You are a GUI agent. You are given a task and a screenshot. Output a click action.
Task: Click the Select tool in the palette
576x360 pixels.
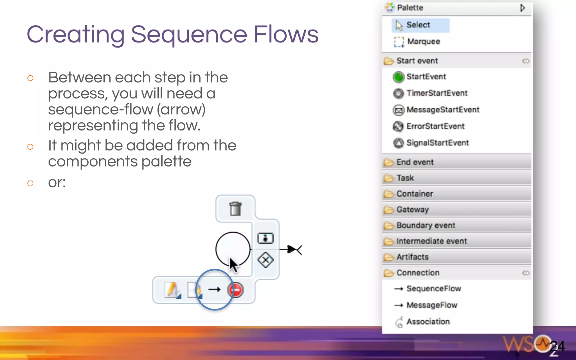point(418,25)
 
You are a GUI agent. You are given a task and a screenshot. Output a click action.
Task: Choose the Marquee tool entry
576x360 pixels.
point(423,42)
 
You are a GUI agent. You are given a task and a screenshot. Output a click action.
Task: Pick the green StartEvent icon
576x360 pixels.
point(398,77)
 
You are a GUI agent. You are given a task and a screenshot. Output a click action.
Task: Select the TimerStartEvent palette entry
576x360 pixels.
point(436,93)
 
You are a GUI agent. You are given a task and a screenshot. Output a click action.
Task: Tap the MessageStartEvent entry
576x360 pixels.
point(442,110)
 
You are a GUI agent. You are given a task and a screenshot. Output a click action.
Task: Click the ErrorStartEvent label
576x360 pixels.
point(435,126)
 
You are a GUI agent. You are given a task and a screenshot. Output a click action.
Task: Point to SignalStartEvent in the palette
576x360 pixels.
point(437,143)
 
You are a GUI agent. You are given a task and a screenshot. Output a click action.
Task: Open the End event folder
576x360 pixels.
point(415,162)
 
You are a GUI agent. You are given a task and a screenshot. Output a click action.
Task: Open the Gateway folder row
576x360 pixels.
point(412,210)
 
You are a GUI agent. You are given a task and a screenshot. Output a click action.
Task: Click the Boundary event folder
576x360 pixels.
point(426,225)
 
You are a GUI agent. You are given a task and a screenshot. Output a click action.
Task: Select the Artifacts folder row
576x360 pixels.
point(412,257)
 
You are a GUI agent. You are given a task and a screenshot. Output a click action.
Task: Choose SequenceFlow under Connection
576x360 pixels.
point(433,289)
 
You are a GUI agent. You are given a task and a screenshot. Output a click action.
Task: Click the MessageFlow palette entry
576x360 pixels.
point(432,305)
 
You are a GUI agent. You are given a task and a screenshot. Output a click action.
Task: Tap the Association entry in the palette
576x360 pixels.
point(428,321)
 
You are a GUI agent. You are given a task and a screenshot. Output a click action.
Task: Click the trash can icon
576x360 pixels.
point(235,209)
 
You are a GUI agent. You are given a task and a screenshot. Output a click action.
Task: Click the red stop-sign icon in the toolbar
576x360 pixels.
point(235,290)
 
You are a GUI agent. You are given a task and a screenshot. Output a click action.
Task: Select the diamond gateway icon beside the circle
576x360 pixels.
point(265,260)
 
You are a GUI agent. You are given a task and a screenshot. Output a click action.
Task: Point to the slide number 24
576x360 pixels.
point(557,346)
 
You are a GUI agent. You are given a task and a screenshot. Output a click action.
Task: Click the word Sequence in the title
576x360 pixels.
point(189,34)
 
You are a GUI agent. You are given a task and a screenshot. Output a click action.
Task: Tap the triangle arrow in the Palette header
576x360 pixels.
point(522,8)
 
